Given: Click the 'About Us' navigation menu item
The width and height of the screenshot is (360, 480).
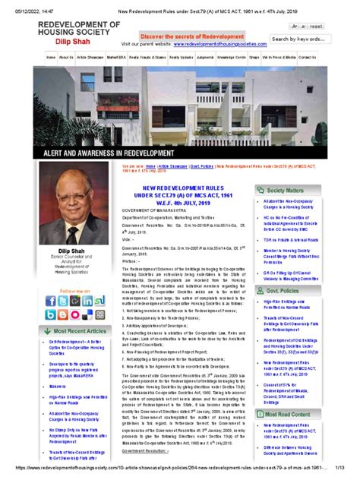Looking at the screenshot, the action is [66, 57].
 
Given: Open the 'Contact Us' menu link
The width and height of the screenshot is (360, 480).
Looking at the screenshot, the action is [307, 57].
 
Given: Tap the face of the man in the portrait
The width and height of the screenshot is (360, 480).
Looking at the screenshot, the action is [79, 200].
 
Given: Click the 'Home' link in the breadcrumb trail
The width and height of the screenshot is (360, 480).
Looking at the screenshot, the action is [150, 165].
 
